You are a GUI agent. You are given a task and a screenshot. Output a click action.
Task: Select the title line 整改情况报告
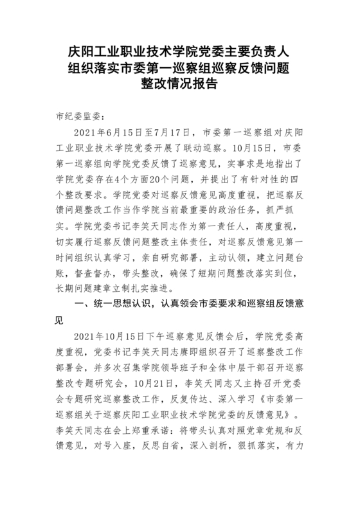pos(180,84)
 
